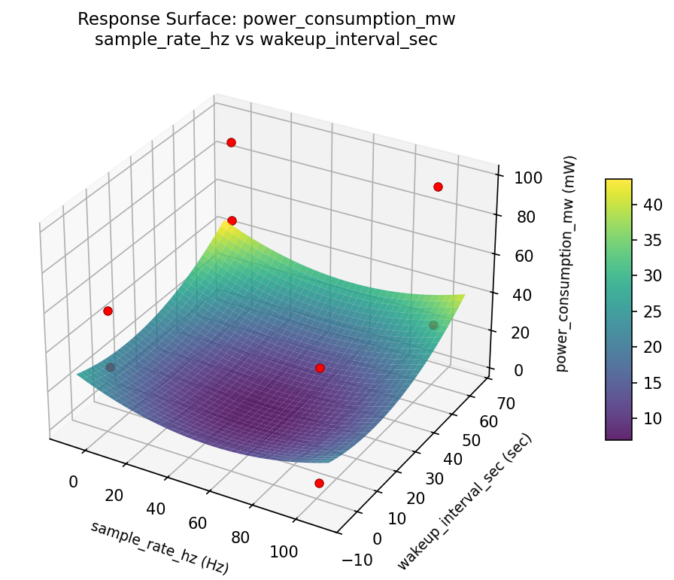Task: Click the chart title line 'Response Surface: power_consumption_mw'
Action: coord(266,19)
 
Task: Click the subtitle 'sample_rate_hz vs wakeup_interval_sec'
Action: coord(266,39)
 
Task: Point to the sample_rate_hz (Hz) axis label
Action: coord(159,548)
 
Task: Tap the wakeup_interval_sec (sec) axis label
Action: coord(464,503)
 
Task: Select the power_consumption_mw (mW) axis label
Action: coord(570,264)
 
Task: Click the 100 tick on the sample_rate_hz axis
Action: coord(284,551)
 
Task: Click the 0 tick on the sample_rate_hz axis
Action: coord(73,481)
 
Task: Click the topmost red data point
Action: coord(231,142)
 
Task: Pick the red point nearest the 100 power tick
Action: coord(438,187)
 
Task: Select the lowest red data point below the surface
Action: coord(319,483)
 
